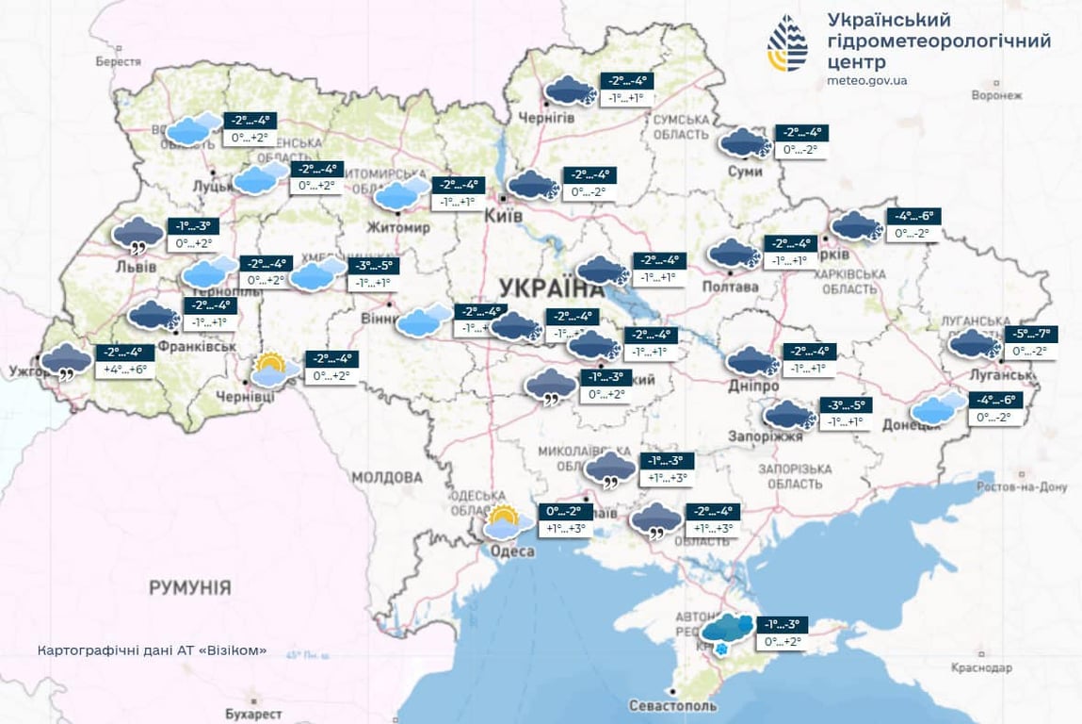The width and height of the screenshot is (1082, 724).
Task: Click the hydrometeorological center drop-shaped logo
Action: click(787, 44)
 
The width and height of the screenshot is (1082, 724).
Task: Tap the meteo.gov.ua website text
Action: click(866, 81)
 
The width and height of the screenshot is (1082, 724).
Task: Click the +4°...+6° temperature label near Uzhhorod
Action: click(124, 370)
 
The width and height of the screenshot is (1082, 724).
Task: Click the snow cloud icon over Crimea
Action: click(727, 632)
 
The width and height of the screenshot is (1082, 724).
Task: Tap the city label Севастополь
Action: click(672, 705)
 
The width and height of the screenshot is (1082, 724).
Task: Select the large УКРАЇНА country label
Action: click(551, 288)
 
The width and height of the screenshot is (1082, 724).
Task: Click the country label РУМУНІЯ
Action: click(189, 588)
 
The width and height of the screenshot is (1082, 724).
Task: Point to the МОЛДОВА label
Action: click(387, 477)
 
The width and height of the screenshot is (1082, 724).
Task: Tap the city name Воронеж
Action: click(995, 95)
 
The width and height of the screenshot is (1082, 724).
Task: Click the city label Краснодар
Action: click(979, 667)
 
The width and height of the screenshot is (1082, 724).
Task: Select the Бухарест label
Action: click(253, 714)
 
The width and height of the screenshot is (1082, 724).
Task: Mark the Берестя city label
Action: click(118, 61)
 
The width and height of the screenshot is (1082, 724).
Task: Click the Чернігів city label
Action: click(547, 117)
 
